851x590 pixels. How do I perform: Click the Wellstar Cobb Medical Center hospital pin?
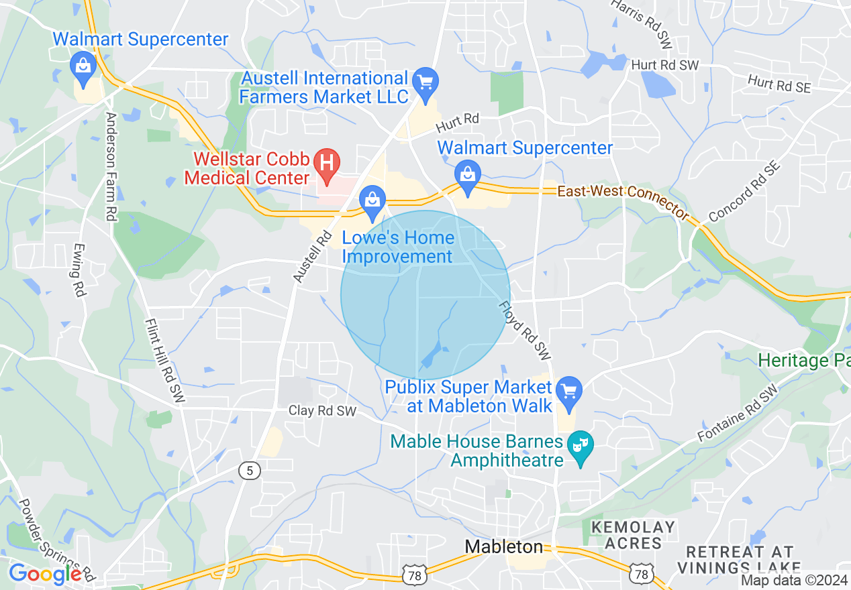[x=328, y=163]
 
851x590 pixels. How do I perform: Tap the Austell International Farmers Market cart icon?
[x=425, y=82]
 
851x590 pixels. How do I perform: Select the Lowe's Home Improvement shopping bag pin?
[x=371, y=199]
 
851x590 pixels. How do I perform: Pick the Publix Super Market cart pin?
[x=569, y=390]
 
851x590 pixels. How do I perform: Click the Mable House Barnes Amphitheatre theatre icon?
[x=578, y=444]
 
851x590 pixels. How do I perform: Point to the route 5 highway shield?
[x=250, y=471]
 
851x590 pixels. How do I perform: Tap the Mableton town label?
[x=504, y=547]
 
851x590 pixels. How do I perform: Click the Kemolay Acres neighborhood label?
[x=634, y=534]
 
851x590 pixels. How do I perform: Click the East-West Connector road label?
[x=623, y=198]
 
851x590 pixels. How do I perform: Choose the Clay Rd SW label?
[x=322, y=410]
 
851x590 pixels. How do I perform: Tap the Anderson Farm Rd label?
[x=111, y=166]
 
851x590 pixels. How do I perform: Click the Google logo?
[x=45, y=574]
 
